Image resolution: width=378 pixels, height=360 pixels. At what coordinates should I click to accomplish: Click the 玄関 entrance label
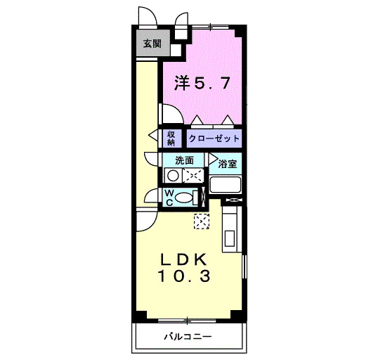pos(151,44)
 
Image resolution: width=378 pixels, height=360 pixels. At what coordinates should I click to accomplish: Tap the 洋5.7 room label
pos(201,84)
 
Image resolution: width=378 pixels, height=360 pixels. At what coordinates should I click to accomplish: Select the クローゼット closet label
pos(214,138)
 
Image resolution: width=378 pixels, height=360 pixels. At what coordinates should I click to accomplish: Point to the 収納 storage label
pos(171,138)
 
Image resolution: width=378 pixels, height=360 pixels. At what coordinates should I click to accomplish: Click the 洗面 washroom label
pos(184,160)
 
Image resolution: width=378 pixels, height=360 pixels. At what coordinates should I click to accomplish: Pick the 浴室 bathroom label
pos(227,165)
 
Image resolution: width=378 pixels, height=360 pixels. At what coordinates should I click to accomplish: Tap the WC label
pos(169,197)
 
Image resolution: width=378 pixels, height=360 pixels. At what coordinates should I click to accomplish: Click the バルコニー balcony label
pos(188,336)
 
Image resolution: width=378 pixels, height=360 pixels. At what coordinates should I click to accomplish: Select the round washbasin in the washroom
pos(173,176)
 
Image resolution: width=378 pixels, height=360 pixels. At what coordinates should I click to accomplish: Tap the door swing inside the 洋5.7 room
pos(171,114)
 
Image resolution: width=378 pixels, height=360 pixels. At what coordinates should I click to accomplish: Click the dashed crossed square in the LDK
pos(202,221)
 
